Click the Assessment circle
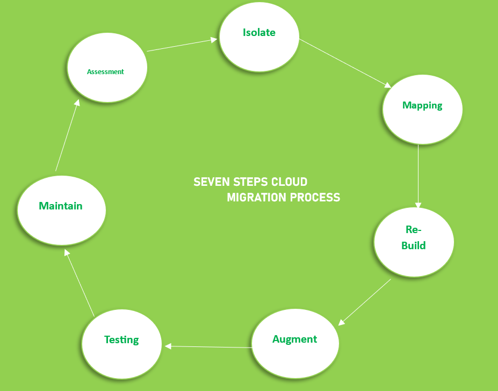[x=107, y=68]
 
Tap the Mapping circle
[x=422, y=109]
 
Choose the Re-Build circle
[x=414, y=242]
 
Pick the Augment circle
[x=295, y=343]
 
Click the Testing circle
[x=121, y=344]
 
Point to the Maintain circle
[x=61, y=210]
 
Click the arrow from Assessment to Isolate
[x=182, y=45]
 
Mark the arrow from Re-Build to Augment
[x=365, y=302]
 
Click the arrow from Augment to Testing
[x=208, y=347]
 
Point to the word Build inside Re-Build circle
[x=414, y=246]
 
